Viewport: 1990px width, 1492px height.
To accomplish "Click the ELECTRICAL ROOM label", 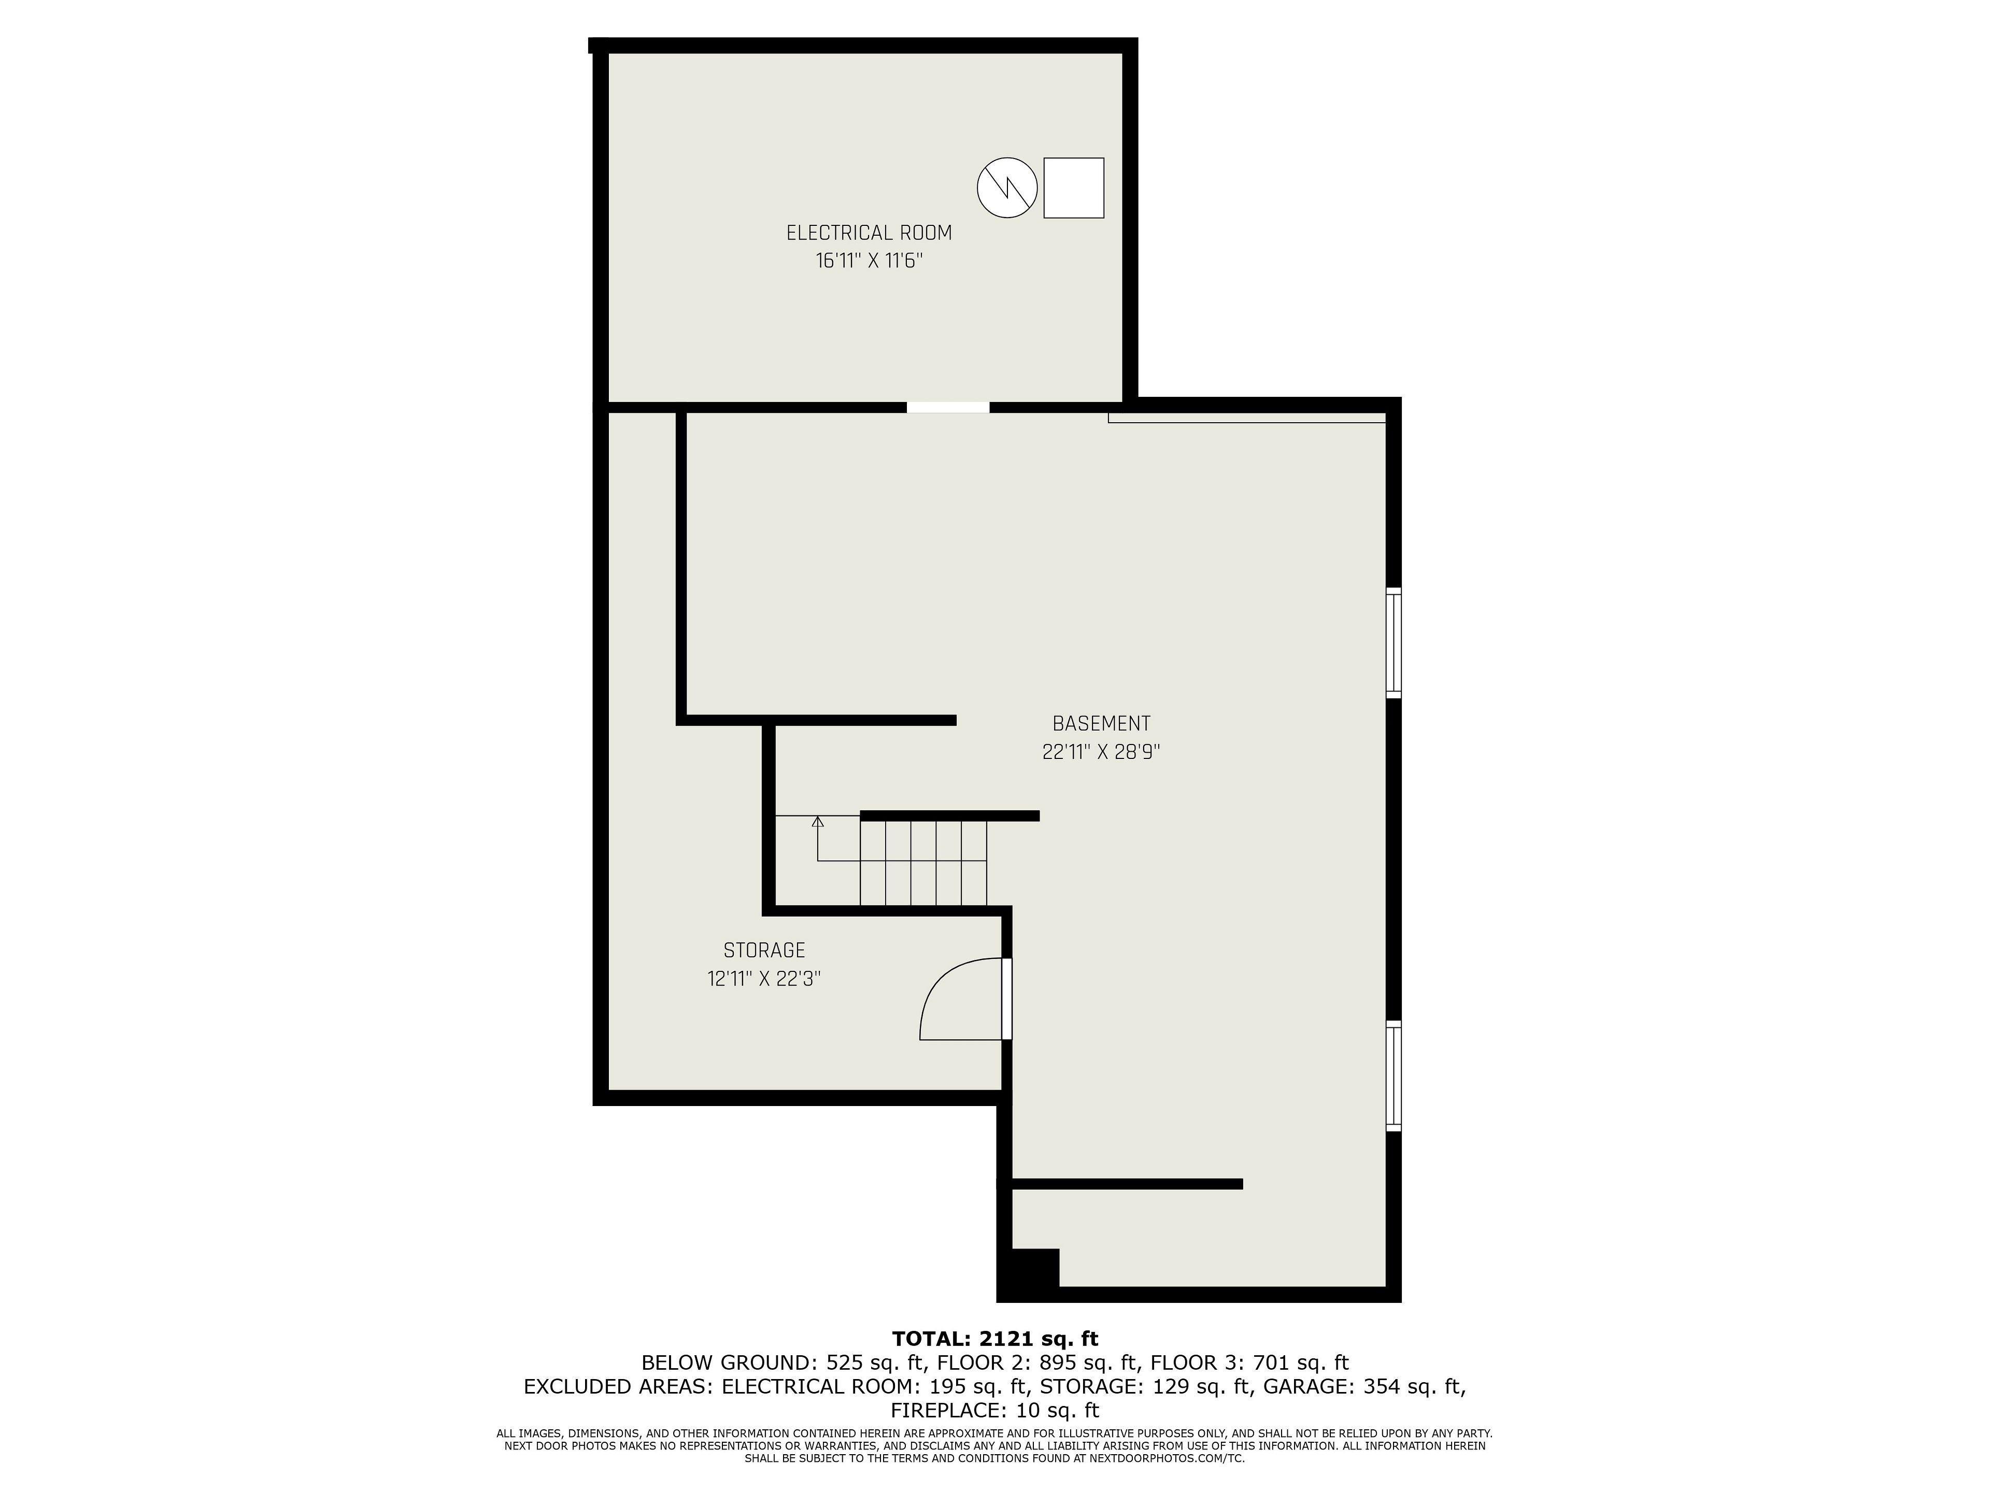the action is click(869, 233).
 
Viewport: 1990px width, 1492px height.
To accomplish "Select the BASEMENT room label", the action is click(1101, 724).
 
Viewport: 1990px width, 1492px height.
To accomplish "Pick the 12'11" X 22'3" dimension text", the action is click(764, 979).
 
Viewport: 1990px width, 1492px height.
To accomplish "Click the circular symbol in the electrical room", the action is click(1007, 188).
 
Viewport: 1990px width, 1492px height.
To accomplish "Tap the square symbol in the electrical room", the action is click(1073, 188).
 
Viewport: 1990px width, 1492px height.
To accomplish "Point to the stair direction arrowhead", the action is click(818, 821).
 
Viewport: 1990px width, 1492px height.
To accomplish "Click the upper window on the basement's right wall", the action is click(1394, 643).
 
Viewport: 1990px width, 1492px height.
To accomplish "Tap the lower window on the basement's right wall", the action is click(1394, 1075).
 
